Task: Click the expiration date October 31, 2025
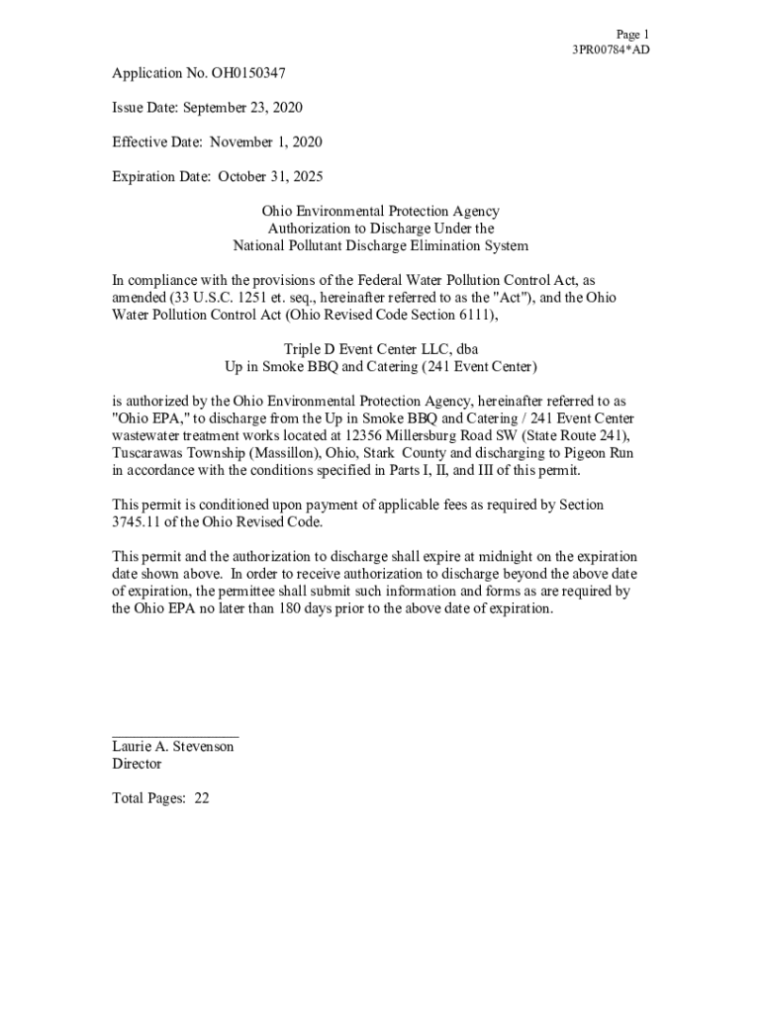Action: click(x=270, y=177)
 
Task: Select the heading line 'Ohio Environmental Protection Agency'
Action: click(x=380, y=212)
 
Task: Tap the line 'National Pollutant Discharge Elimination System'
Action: click(x=380, y=245)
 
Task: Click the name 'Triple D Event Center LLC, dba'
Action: click(x=381, y=349)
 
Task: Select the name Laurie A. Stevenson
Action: click(x=173, y=747)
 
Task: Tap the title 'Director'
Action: click(x=137, y=764)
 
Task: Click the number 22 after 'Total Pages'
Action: click(x=201, y=798)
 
